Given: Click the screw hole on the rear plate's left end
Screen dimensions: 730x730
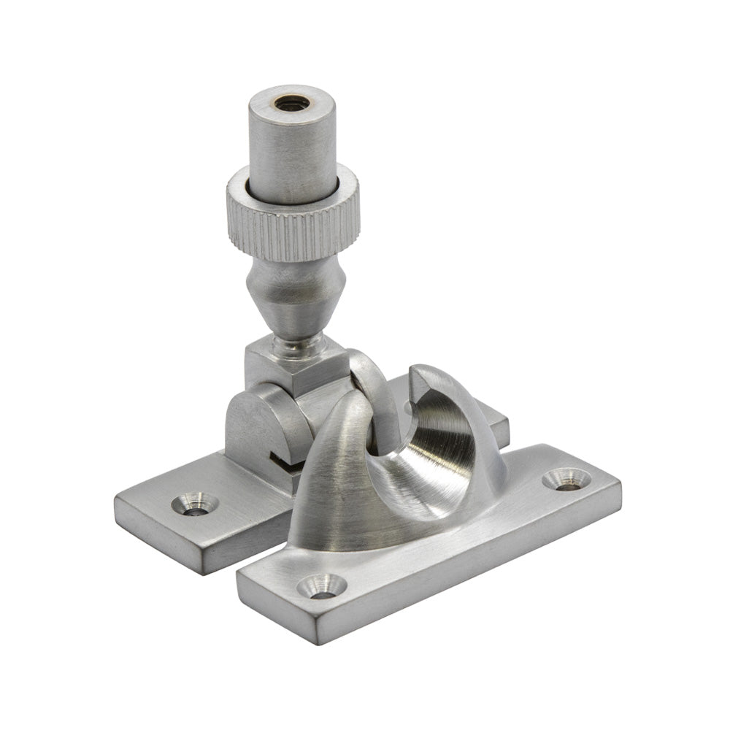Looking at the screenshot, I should click(194, 504).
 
